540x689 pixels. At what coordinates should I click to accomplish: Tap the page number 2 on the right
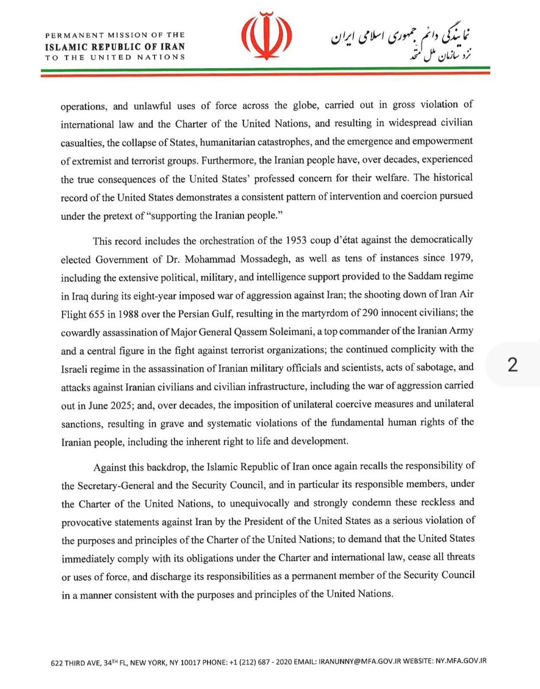(513, 366)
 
